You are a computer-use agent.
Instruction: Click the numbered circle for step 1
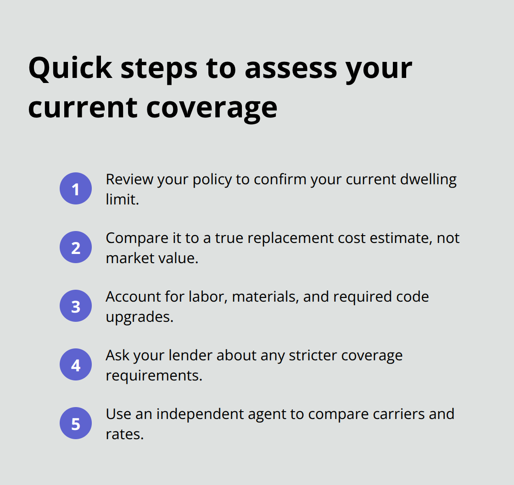(76, 188)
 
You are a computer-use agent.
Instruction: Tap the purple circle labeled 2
(76, 247)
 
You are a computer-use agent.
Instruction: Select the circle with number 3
(76, 306)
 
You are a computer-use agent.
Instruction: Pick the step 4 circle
(76, 364)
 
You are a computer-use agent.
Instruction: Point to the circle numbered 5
(76, 423)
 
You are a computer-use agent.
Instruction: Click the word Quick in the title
(71, 68)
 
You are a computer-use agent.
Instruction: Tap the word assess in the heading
(291, 69)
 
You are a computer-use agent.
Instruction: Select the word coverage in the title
(212, 109)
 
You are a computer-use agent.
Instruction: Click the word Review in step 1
(129, 179)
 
